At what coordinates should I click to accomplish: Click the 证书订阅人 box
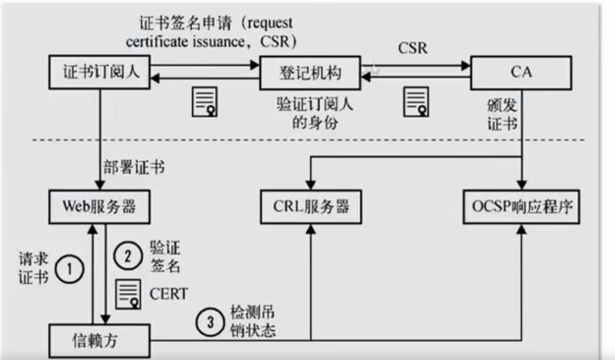coord(99,72)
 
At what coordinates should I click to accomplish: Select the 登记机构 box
coord(310,73)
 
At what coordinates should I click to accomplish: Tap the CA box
coord(521,73)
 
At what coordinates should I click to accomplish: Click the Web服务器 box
coord(99,207)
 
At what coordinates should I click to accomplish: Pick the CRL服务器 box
coord(311,207)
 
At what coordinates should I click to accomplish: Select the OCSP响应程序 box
coord(521,207)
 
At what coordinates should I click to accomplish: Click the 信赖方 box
coord(99,341)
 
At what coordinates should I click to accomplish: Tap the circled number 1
coord(69,269)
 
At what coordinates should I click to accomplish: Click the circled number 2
coord(128,256)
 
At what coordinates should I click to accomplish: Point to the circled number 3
coord(210,322)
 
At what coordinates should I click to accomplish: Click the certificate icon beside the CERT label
coord(128,294)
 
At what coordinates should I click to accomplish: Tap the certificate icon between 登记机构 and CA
coord(416,102)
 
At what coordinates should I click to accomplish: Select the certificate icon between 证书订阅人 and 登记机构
coord(204,102)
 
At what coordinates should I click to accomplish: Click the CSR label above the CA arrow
coord(413,48)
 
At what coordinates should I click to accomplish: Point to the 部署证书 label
coord(134,167)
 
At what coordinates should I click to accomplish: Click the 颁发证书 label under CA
coord(502,114)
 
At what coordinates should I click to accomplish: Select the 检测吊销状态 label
coord(253,321)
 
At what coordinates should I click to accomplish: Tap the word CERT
coord(169,293)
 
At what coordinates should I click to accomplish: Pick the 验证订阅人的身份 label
coord(315,113)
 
